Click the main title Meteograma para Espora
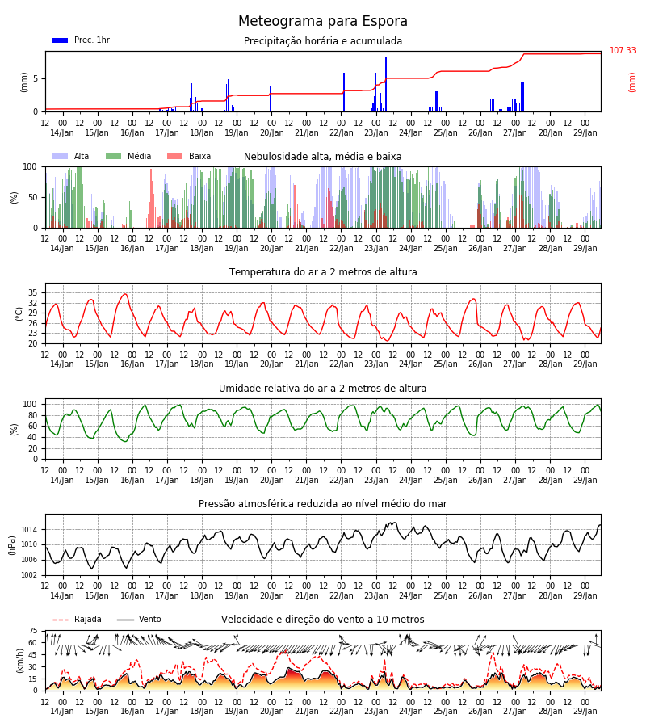coord(322,21)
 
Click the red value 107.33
coord(623,50)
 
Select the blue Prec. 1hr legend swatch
coord(61,40)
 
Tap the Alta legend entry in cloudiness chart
coord(71,156)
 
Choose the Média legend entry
coord(128,156)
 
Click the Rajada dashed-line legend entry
coord(77,619)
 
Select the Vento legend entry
coord(139,619)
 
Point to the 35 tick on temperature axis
coord(33,292)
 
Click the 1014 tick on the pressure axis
coord(31,529)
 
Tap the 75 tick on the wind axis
coord(33,631)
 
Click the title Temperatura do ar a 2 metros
coord(323,272)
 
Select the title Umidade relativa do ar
coord(322,388)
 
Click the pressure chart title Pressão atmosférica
coord(322,503)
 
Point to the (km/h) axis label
coord(19,661)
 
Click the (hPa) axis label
coord(12,545)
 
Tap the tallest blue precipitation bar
coord(385,84)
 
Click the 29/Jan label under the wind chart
coord(585,711)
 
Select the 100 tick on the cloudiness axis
coord(30,166)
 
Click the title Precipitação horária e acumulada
coord(323,41)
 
